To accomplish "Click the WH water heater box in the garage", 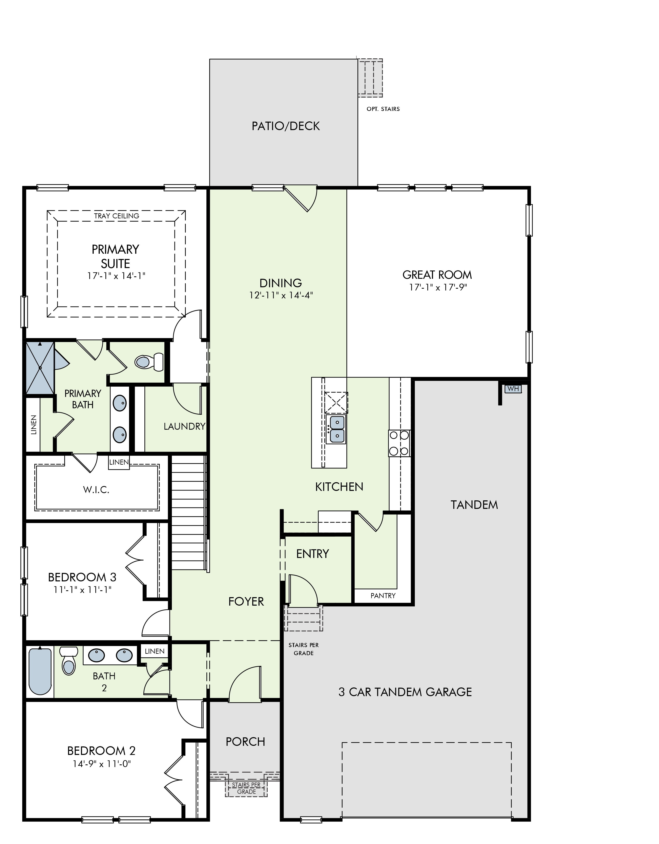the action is point(513,388).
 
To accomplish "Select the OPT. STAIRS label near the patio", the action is point(383,109).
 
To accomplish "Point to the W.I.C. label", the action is point(96,490).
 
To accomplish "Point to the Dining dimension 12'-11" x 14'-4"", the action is point(281,296).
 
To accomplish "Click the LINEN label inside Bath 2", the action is point(155,651).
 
